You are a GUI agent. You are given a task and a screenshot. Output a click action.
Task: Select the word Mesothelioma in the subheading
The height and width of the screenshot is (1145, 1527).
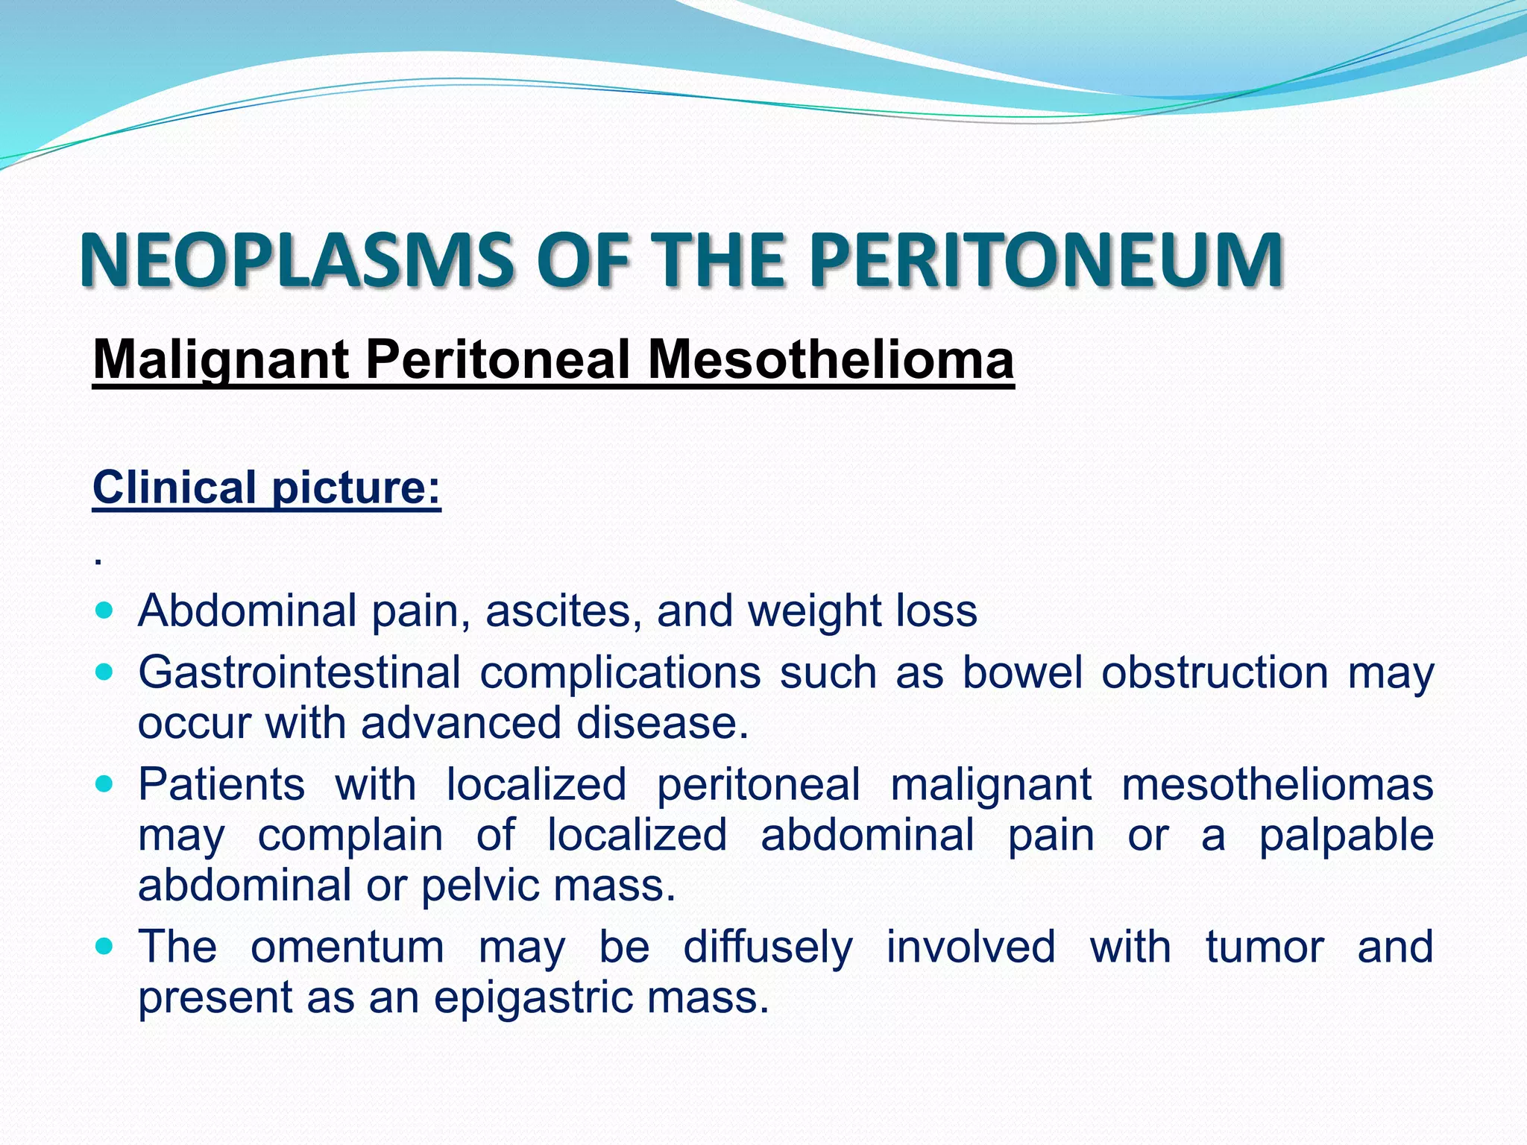pyautogui.click(x=830, y=360)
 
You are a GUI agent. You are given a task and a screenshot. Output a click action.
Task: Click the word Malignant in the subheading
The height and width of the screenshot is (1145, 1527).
pyautogui.click(x=221, y=360)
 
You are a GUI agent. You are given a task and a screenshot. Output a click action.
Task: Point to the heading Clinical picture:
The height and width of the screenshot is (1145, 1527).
pyautogui.click(x=266, y=488)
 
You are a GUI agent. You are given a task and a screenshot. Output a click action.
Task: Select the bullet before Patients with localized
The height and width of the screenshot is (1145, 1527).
pyautogui.click(x=105, y=785)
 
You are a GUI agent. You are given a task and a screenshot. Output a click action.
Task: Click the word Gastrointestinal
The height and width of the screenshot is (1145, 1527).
pyautogui.click(x=299, y=673)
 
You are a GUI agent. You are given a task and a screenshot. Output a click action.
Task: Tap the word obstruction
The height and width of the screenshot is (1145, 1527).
pyautogui.click(x=1215, y=673)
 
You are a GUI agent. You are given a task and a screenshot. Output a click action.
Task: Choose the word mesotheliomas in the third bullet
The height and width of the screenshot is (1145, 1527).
pyautogui.click(x=1277, y=785)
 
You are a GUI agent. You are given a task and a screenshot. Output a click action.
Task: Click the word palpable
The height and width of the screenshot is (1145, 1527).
pyautogui.click(x=1346, y=836)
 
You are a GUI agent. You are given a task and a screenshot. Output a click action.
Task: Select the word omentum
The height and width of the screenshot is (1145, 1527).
pyautogui.click(x=347, y=947)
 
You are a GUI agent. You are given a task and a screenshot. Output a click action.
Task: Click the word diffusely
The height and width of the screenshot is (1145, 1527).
pyautogui.click(x=768, y=947)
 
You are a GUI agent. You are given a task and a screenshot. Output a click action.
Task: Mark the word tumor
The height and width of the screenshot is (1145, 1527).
pyautogui.click(x=1265, y=947)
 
